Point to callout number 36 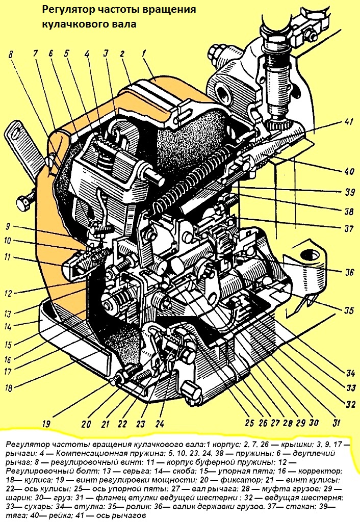tap(349, 273)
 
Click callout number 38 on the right tap(349, 210)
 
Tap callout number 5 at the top tap(67, 52)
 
